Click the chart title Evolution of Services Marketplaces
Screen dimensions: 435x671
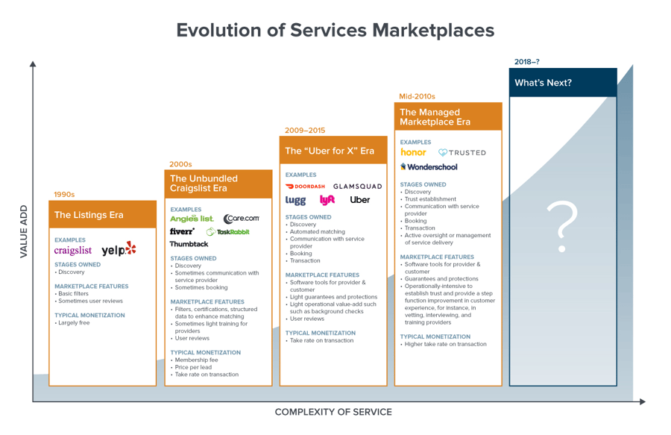pyautogui.click(x=335, y=30)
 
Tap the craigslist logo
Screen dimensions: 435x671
pyautogui.click(x=73, y=251)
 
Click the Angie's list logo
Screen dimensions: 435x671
pyautogui.click(x=192, y=219)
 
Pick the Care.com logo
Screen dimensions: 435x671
pyautogui.click(x=242, y=219)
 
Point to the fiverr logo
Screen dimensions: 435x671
pyautogui.click(x=182, y=231)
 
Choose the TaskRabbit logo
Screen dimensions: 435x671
pyautogui.click(x=228, y=232)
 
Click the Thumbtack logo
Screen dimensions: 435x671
pyautogui.click(x=189, y=244)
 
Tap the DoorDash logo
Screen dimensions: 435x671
pyautogui.click(x=305, y=187)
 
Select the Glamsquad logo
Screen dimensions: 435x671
pyautogui.click(x=357, y=187)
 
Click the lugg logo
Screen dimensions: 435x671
pyautogui.click(x=295, y=200)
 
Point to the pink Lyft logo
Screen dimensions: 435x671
pyautogui.click(x=327, y=199)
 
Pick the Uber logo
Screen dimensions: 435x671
pyautogui.click(x=359, y=199)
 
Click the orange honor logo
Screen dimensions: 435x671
pyautogui.click(x=413, y=152)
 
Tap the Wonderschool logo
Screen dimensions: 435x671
pyautogui.click(x=429, y=167)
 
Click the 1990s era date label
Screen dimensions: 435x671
pyautogui.click(x=64, y=195)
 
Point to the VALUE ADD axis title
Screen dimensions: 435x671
pyautogui.click(x=23, y=231)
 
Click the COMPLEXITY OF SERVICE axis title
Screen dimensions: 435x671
pyautogui.click(x=333, y=412)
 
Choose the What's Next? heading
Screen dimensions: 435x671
pyautogui.click(x=543, y=83)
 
